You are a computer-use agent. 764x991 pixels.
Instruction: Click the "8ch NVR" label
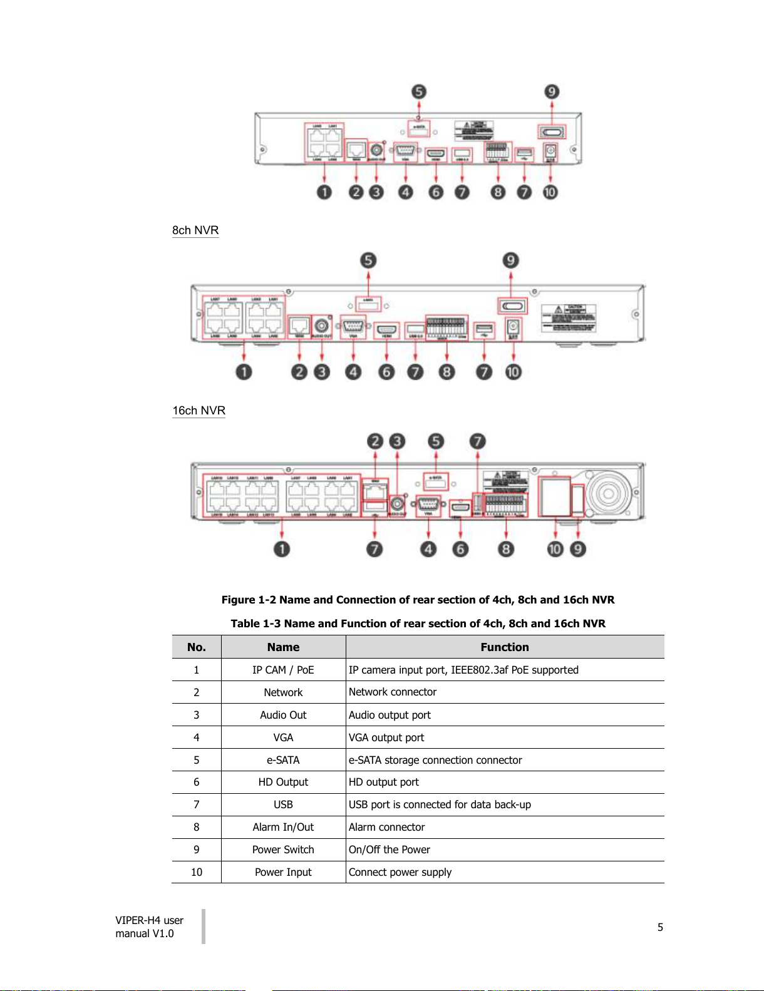coord(195,230)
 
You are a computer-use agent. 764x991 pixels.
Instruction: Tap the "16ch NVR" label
coord(199,411)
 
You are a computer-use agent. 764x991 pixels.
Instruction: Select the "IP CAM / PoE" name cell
coord(283,670)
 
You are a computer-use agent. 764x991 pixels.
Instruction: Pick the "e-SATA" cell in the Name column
coord(283,760)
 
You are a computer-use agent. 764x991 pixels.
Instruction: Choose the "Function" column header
coord(505,647)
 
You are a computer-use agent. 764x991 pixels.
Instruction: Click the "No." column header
coord(197,647)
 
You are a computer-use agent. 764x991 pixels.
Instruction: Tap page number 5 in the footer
coord(660,927)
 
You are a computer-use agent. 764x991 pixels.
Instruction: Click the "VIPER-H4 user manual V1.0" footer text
coord(149,927)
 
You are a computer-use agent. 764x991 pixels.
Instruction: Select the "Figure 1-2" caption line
coord(418,600)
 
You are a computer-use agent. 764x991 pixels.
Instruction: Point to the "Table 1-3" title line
coord(418,624)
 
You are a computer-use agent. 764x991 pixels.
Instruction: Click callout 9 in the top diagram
coord(552,92)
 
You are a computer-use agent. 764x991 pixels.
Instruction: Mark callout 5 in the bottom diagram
coord(436,441)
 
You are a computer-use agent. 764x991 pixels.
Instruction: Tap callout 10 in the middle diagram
coord(513,372)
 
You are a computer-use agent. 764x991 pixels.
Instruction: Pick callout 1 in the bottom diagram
coord(282,549)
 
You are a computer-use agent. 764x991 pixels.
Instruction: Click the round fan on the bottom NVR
coord(607,493)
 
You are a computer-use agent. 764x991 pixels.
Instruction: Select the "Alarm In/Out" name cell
coord(283,827)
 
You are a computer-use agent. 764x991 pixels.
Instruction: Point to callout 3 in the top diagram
coord(376,192)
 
